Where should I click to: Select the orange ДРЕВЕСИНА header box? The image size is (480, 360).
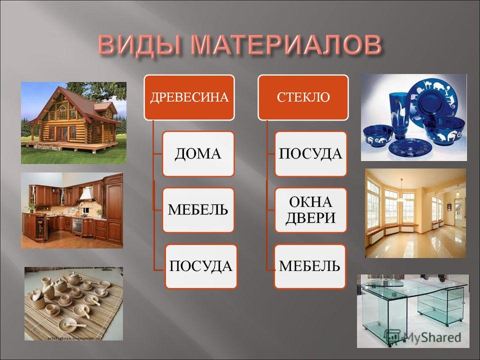coord(189,97)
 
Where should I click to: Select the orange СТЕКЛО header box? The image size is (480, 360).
coord(303,97)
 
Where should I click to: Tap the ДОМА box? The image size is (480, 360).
coord(198,153)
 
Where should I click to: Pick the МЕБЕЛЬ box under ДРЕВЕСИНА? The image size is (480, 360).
coord(198,210)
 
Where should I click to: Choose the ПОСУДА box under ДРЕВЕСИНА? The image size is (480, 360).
coord(201,266)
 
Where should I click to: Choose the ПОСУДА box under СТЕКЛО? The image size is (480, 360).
coord(310,153)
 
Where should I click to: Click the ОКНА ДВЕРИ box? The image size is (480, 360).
coord(310,210)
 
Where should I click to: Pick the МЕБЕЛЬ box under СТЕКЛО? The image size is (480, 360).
coord(310,266)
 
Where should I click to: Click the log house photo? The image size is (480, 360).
coord(73,123)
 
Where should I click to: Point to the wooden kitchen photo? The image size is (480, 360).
coord(72,210)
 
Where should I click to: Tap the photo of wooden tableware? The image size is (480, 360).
coord(73,303)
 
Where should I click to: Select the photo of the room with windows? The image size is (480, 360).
coord(415,213)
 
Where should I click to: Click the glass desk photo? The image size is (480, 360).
coord(413,311)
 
